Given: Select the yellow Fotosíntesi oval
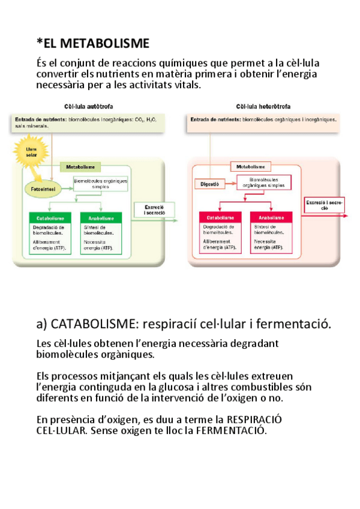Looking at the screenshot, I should [x=40, y=189].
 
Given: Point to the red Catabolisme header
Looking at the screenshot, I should [x=220, y=217].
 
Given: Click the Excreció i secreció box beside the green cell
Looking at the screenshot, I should [x=156, y=210].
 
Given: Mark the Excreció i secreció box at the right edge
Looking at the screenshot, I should [x=325, y=205].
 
